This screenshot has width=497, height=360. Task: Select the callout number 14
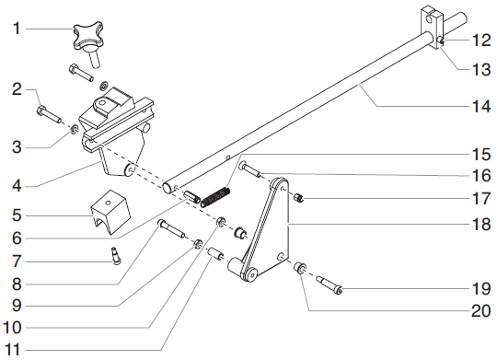(x=475, y=106)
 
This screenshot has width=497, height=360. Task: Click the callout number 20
(x=475, y=310)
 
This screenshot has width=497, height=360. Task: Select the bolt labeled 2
(x=47, y=114)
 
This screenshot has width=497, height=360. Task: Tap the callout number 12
(x=475, y=40)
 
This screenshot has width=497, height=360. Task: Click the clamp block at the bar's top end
(x=433, y=20)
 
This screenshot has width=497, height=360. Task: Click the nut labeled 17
(x=298, y=199)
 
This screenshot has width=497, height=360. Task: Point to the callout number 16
(x=475, y=174)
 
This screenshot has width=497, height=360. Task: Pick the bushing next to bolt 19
(x=301, y=269)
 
